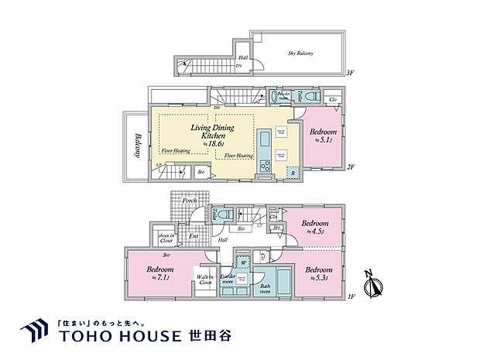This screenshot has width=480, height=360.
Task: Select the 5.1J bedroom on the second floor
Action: click(x=321, y=137)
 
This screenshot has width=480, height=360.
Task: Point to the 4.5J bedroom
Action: click(x=313, y=226)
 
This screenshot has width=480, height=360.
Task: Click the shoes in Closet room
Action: click(x=165, y=238)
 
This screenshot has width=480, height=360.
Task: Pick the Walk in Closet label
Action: click(x=205, y=280)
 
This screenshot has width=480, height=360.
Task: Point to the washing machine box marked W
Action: click(x=242, y=262)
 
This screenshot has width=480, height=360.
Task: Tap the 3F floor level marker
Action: click(x=350, y=73)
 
